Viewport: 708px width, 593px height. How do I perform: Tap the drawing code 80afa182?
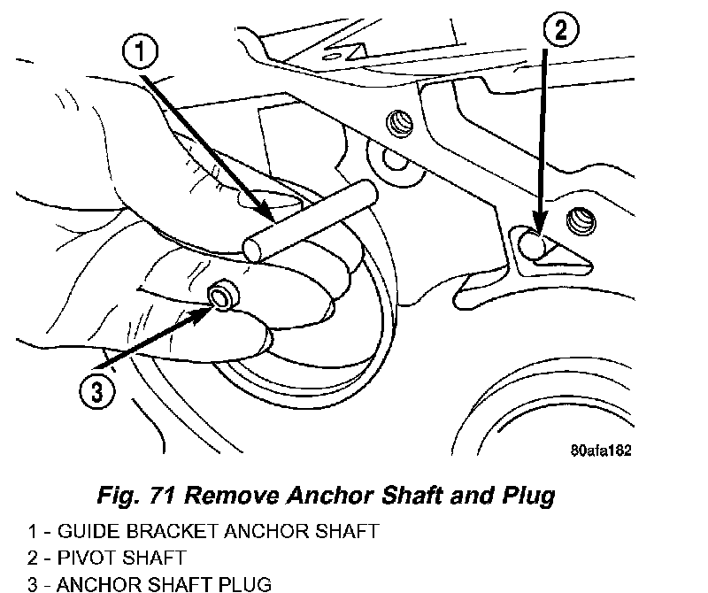(600, 449)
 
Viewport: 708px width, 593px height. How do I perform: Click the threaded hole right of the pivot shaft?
(580, 217)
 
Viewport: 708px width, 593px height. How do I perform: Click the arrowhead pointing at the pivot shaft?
(536, 227)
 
